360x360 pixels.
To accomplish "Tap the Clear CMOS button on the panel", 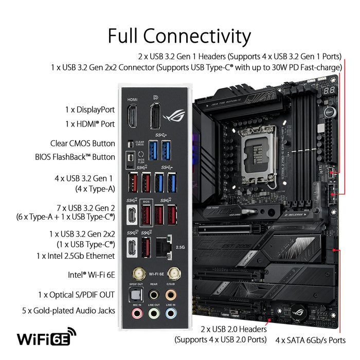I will [130, 142].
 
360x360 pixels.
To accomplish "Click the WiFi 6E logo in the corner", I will [46, 338].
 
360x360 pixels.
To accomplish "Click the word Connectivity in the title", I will [196, 37].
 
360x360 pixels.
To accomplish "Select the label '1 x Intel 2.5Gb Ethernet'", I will [75, 256].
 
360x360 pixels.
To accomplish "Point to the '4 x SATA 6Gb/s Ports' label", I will [317, 339].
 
